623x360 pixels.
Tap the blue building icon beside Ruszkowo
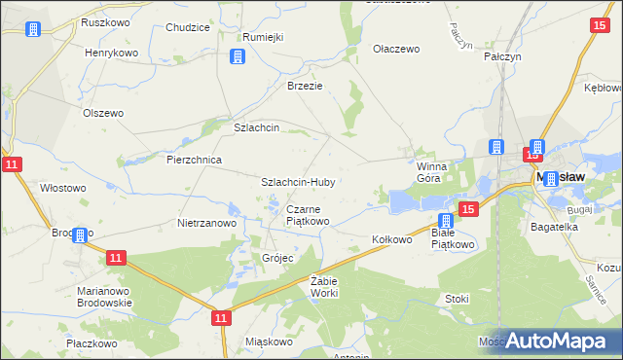pos(32,29)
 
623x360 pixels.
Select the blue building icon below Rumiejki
pos(237,57)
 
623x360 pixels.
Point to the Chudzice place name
pos(188,28)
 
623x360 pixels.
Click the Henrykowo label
pos(111,53)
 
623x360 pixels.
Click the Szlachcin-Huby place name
pos(298,182)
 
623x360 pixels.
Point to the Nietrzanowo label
pos(207,223)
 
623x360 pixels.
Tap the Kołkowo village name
pos(392,238)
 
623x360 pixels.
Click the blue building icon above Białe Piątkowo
pos(446,222)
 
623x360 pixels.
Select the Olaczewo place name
pos(396,48)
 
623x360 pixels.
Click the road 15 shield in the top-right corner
pos(600,27)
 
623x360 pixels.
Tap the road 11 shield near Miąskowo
pos(222,317)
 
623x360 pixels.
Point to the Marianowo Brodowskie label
pos(104,297)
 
